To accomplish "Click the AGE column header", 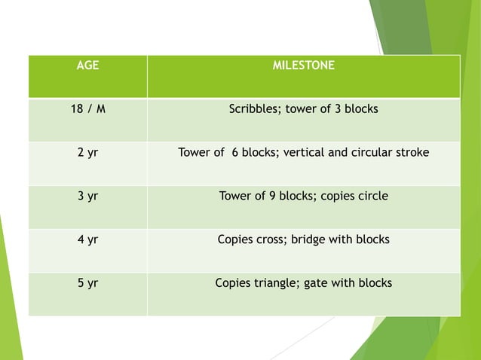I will tap(88, 66).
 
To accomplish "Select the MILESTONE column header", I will tap(303, 66).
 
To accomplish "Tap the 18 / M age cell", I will tap(88, 109).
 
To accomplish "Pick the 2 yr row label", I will tap(88, 153).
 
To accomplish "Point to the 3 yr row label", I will tap(88, 197).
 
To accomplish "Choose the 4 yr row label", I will tap(88, 240).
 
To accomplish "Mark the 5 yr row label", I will tap(88, 284).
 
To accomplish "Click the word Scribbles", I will tap(253, 110).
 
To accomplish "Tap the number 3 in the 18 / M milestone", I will tap(339, 109).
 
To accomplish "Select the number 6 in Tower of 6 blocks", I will tap(236, 153).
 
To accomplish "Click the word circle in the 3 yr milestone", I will tap(372, 197).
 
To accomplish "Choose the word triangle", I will tap(277, 284).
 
